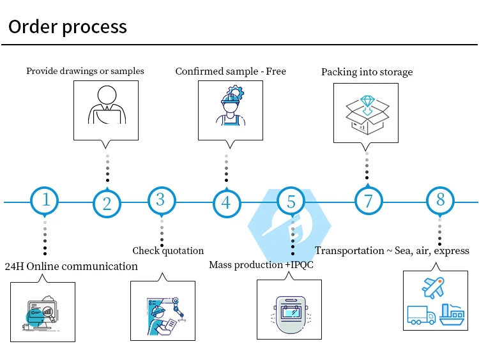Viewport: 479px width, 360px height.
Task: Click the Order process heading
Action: click(68, 27)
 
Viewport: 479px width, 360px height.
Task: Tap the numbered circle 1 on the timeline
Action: click(45, 200)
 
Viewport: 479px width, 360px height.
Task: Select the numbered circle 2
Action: click(107, 204)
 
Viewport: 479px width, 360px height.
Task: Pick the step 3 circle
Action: click(160, 200)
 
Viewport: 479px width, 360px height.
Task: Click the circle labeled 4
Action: click(226, 204)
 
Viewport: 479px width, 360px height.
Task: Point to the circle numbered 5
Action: click(291, 202)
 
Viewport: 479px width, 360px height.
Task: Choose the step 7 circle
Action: click(369, 201)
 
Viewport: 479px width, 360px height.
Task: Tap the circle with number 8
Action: click(440, 200)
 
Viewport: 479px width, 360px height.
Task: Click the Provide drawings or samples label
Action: click(85, 71)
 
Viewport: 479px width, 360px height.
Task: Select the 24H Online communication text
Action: click(72, 266)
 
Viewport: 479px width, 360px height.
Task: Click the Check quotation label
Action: click(168, 251)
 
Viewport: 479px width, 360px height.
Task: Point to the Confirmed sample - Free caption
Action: click(231, 71)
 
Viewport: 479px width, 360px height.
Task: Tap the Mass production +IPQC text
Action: click(261, 264)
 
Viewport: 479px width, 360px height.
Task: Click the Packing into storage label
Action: click(367, 72)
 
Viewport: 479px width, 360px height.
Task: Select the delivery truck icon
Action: click(421, 315)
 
